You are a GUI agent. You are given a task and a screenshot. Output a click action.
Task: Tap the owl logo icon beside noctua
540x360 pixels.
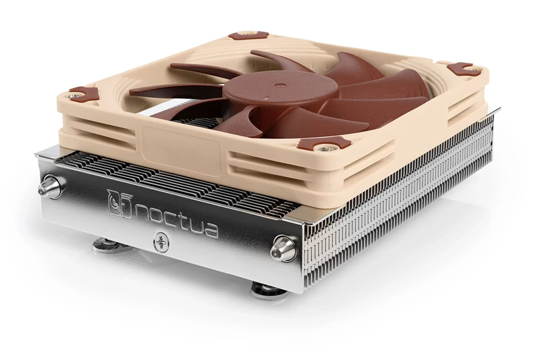coord(119,201)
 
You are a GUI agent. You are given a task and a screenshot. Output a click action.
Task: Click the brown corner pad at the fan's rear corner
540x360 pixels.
coord(244,35)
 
